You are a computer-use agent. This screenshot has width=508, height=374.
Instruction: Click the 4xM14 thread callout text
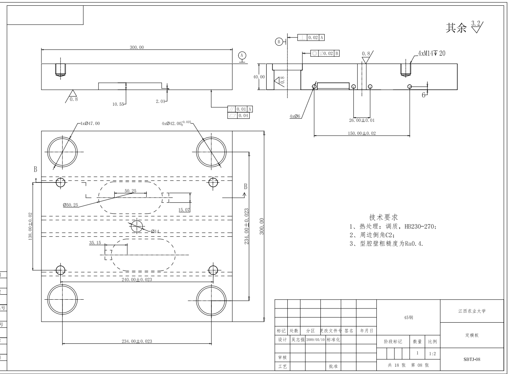[x=432, y=53]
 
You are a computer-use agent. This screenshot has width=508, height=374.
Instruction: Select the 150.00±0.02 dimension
[x=361, y=133]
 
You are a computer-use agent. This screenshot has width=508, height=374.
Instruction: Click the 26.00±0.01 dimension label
[x=361, y=120]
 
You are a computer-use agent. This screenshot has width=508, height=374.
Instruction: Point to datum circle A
[x=242, y=56]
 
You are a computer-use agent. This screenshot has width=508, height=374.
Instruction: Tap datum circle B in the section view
[x=279, y=41]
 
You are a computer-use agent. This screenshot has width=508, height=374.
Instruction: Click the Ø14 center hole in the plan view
[x=137, y=226]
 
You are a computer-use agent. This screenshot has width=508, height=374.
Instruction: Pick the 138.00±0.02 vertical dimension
[x=30, y=226]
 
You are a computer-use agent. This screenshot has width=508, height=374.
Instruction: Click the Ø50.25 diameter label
[x=70, y=205]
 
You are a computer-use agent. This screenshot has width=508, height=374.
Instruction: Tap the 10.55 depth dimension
[x=118, y=104]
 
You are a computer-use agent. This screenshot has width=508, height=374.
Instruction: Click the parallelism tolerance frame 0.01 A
[x=240, y=109]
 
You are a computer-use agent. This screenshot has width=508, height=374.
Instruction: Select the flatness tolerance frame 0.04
[x=238, y=116]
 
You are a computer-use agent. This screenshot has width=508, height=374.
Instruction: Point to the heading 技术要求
[x=384, y=217]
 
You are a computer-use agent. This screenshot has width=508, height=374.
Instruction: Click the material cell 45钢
[x=408, y=317]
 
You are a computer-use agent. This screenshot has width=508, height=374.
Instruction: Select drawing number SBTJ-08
[x=472, y=359]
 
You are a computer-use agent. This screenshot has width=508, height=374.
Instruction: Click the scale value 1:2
[x=432, y=354]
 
